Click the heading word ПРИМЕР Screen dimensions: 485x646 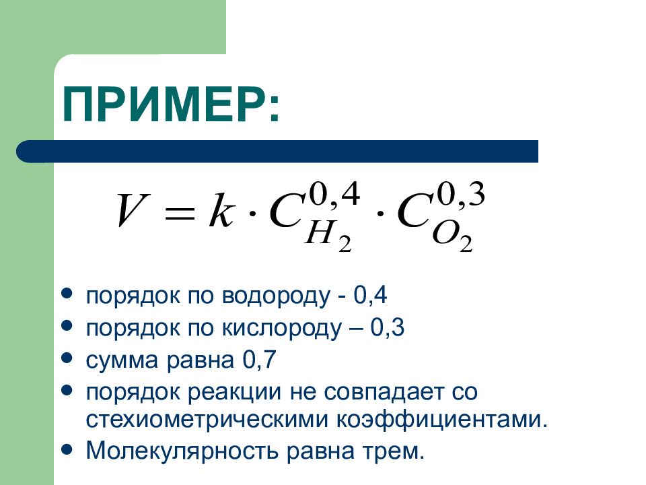165,104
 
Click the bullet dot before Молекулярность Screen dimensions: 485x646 67,447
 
